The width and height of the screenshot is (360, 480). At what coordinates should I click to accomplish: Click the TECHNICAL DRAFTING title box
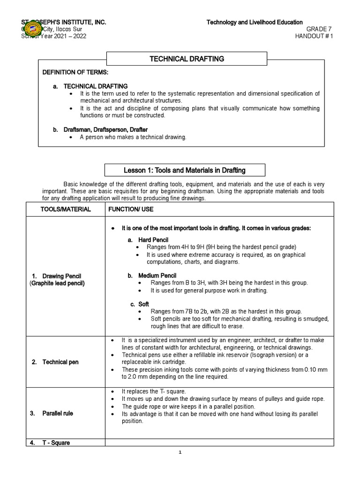187,59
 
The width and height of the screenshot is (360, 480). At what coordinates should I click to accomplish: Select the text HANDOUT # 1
314,37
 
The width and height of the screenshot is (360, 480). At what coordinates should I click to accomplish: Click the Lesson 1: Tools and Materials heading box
184,170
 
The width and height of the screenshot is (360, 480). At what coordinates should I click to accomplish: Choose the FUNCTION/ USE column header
128,210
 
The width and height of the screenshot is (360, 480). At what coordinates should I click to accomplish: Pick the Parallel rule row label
58,413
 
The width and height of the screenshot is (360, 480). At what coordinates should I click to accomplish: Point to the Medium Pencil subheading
152,275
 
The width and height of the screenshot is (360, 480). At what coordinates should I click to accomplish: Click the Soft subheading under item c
143,304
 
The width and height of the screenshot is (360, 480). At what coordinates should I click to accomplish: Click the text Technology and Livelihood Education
255,22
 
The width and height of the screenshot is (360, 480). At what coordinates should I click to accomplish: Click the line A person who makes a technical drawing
133,137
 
